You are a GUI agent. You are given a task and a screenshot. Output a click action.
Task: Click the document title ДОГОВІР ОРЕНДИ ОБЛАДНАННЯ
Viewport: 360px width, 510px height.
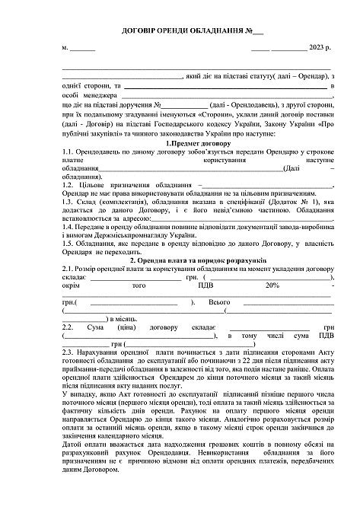tap(171, 31)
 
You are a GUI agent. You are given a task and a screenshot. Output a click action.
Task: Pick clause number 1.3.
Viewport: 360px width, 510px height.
tap(71, 202)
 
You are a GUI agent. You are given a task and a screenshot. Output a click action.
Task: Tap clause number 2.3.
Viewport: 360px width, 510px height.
tap(71, 352)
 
